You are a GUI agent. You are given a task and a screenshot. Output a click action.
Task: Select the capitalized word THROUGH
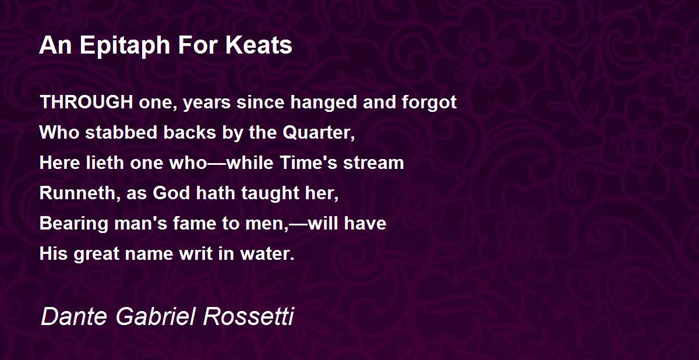point(86,103)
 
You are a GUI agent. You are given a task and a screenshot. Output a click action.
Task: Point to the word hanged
point(324,103)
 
